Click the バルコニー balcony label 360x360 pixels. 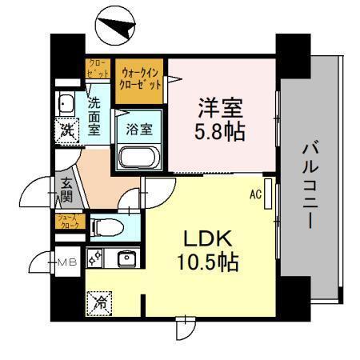click(311, 183)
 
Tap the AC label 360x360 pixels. click(255, 194)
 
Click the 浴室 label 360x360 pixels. click(139, 126)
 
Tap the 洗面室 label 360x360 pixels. click(94, 117)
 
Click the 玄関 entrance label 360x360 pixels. click(64, 190)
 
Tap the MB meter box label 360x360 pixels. click(65, 261)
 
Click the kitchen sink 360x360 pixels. click(125, 259)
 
